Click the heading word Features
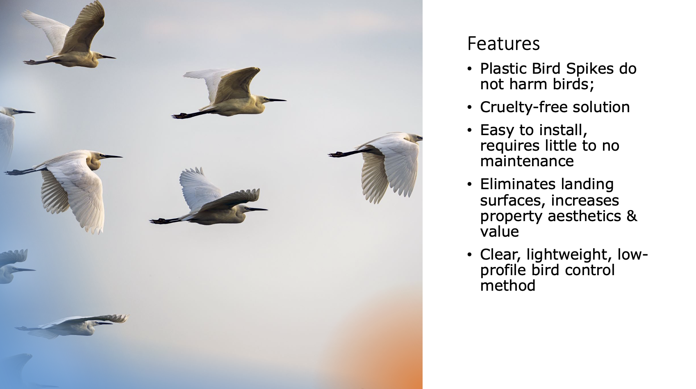(x=503, y=43)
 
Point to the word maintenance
(x=527, y=161)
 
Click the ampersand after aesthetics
(x=632, y=216)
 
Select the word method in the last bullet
(x=508, y=286)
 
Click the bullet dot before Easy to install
(x=469, y=130)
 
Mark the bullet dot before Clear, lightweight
(x=469, y=255)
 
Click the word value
(x=499, y=232)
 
